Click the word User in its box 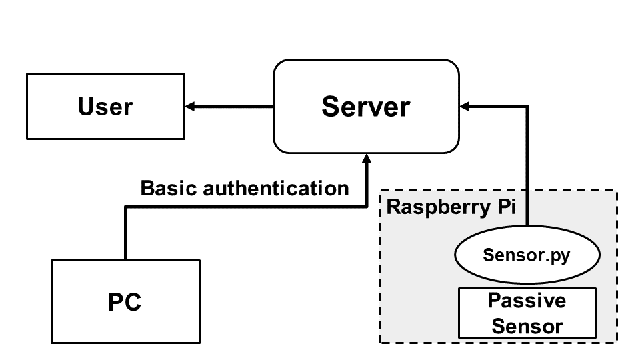click(105, 107)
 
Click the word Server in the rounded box click(366, 107)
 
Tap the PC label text click(125, 302)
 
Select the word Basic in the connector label click(169, 188)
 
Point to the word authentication click(276, 188)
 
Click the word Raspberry click(439, 207)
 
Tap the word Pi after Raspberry click(507, 206)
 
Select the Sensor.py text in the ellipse click(527, 255)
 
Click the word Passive click(527, 301)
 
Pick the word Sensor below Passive click(527, 326)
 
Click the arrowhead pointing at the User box click(190, 107)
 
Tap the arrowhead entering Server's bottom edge click(367, 159)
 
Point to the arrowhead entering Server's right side click(465, 107)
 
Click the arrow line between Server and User click(229, 107)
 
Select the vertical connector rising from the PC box click(126, 233)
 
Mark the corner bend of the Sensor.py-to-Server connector click(527, 107)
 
